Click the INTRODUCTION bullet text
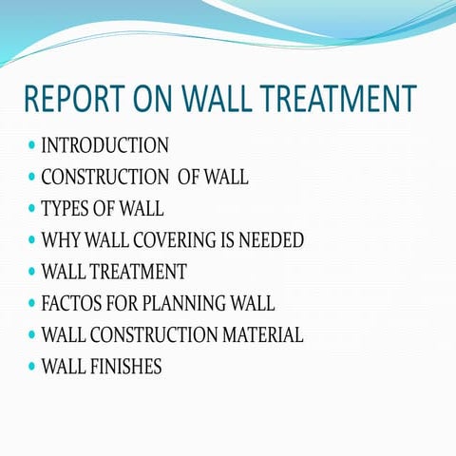point(104,146)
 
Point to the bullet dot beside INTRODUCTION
point(32,146)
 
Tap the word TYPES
point(66,209)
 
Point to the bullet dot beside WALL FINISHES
point(32,367)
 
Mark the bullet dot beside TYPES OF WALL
point(32,209)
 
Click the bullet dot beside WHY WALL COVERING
point(32,240)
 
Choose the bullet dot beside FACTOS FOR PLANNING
point(32,304)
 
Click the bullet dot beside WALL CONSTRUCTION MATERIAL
point(32,335)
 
